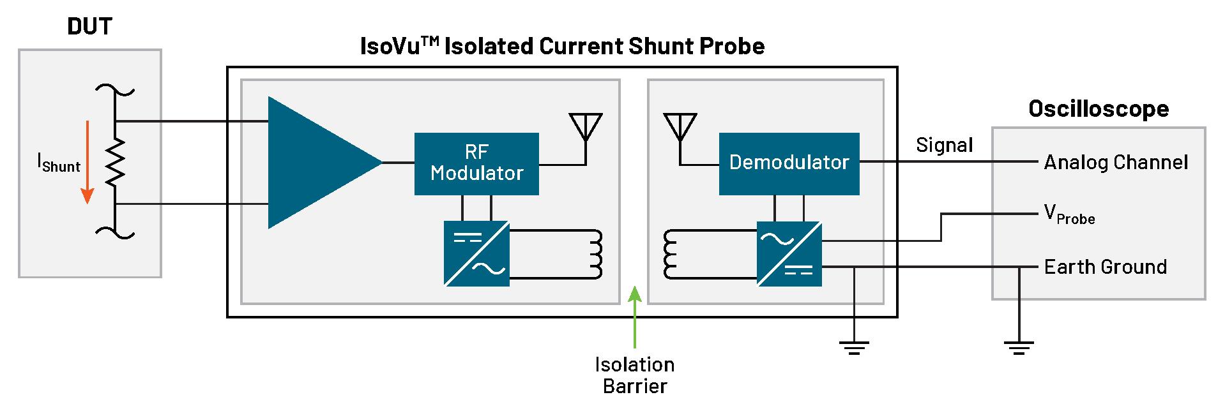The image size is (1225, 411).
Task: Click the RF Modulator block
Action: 476,163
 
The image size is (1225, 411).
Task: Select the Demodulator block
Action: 789,163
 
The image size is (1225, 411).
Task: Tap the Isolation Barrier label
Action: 635,375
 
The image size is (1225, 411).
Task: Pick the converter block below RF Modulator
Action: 477,253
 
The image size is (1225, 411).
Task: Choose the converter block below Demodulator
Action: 789,253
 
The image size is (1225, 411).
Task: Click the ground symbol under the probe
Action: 854,348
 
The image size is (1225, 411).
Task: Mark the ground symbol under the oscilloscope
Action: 1019,348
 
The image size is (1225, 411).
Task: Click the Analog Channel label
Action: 1116,163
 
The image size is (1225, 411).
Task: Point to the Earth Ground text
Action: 1105,267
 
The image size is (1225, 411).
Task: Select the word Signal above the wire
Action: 945,146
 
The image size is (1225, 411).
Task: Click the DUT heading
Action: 90,27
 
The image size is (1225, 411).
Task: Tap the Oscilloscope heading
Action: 1099,109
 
